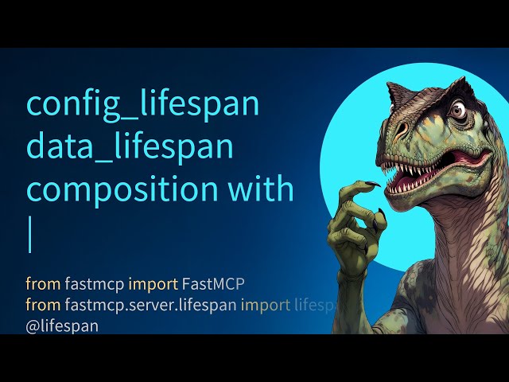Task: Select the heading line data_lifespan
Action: click(x=130, y=148)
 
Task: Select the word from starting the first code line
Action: click(x=40, y=284)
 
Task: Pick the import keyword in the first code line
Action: click(x=153, y=284)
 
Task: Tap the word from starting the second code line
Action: click(x=40, y=305)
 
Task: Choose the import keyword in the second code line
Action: click(x=266, y=305)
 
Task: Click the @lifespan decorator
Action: click(x=62, y=325)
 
